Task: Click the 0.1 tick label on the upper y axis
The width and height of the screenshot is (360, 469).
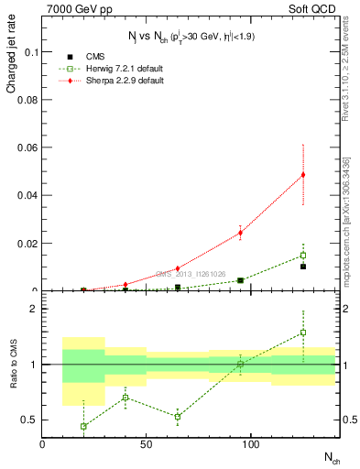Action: coord(30,52)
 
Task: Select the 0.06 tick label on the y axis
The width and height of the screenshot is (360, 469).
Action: coord(27,147)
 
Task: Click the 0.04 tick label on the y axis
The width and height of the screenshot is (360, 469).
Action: coord(27,195)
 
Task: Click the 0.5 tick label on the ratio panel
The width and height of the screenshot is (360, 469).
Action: coord(29,420)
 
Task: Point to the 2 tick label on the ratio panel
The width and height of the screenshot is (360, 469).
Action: coord(34,309)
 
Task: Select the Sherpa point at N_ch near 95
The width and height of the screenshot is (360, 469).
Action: coord(240,233)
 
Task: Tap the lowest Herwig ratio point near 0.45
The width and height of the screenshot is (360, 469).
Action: coord(83,426)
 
